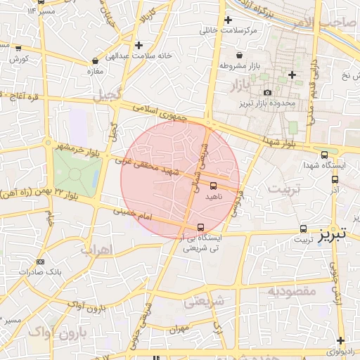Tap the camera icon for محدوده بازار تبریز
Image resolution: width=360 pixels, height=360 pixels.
[267, 92]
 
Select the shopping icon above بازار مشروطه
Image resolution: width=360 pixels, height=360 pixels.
[239, 55]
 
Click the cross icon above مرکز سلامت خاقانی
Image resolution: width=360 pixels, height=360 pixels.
[228, 20]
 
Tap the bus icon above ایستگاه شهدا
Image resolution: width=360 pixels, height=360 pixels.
[324, 155]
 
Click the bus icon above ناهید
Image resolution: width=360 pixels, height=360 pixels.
[213, 186]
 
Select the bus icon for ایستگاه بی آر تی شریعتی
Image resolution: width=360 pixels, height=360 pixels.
[202, 227]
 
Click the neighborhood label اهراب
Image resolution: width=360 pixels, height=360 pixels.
[96, 250]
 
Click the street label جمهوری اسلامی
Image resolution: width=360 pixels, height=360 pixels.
[165, 115]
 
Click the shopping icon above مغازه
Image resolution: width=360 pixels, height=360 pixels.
[95, 61]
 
